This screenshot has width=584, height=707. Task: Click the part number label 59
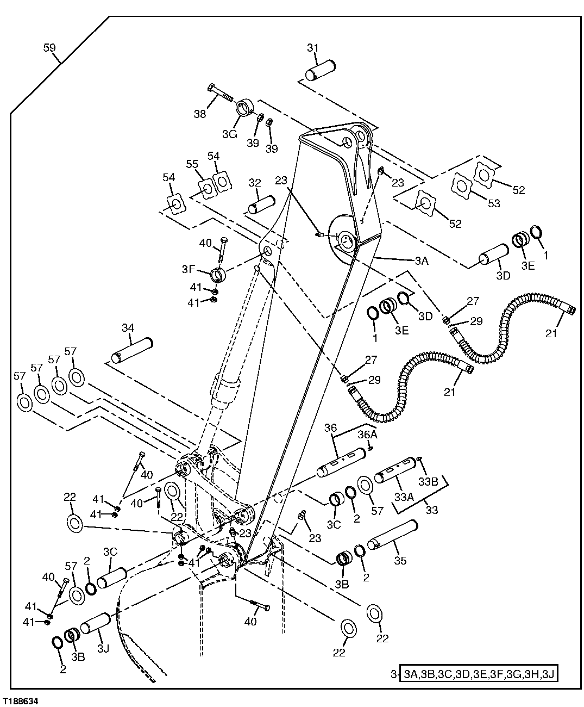(x=49, y=48)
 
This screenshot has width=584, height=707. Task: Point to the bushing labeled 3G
(x=246, y=106)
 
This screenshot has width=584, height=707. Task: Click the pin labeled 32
(x=262, y=204)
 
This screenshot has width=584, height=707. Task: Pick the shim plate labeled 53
(x=462, y=186)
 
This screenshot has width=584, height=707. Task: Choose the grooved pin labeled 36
(x=340, y=462)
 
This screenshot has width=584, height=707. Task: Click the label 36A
(x=367, y=435)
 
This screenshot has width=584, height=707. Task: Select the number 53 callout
(x=493, y=203)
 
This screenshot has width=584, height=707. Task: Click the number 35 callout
(x=399, y=561)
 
